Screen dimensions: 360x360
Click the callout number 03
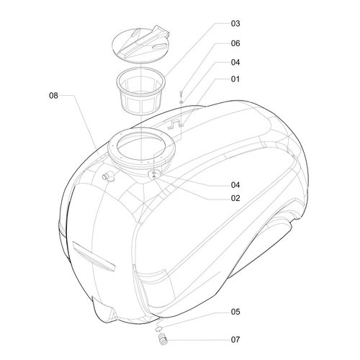235,24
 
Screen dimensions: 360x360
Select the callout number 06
235,43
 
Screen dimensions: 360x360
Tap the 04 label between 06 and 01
235,63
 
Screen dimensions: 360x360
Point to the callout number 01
235,79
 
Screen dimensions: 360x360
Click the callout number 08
53,96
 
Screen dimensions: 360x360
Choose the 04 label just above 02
235,185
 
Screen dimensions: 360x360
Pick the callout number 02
235,198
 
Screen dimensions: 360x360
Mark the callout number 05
235,312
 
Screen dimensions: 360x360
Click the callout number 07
235,340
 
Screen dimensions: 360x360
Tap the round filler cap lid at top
140,45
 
